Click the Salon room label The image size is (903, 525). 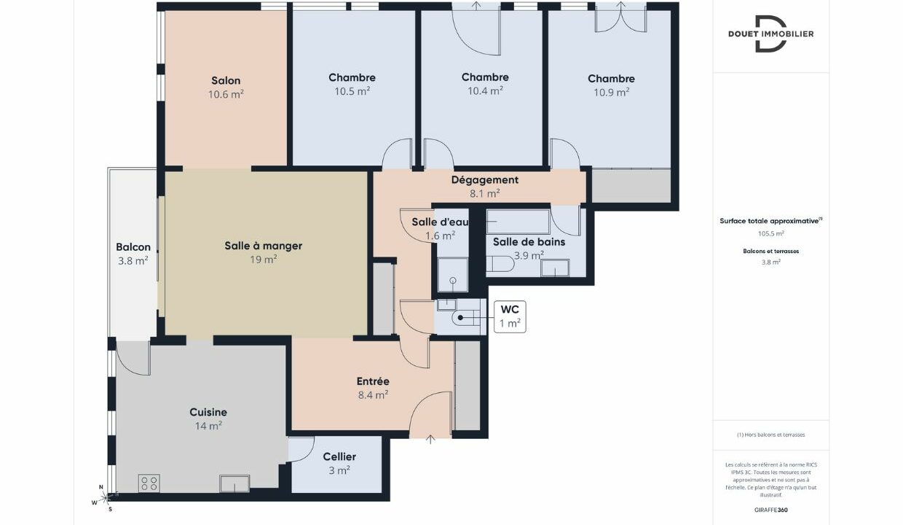pos(226,80)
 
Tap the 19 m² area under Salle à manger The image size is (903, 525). pos(263,260)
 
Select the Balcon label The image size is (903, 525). pos(133,247)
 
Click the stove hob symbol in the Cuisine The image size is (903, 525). pos(149,483)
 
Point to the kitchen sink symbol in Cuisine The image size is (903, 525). pos(235,483)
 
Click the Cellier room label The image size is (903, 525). pos(339,457)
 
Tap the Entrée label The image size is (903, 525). pos(373,381)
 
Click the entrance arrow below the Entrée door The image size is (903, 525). pos(430,439)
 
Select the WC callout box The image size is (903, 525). pos(510,316)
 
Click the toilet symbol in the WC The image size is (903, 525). pos(463,318)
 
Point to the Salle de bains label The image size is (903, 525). pos(529,242)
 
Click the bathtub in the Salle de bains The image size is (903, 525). pos(518,221)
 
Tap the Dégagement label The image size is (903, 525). pos(485,180)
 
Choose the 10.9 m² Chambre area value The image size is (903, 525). pos(612,93)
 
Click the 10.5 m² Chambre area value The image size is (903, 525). pos(352,91)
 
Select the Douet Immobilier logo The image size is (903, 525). pos(770,34)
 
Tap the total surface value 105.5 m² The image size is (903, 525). pos(770,233)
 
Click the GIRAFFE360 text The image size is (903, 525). pos(770,510)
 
